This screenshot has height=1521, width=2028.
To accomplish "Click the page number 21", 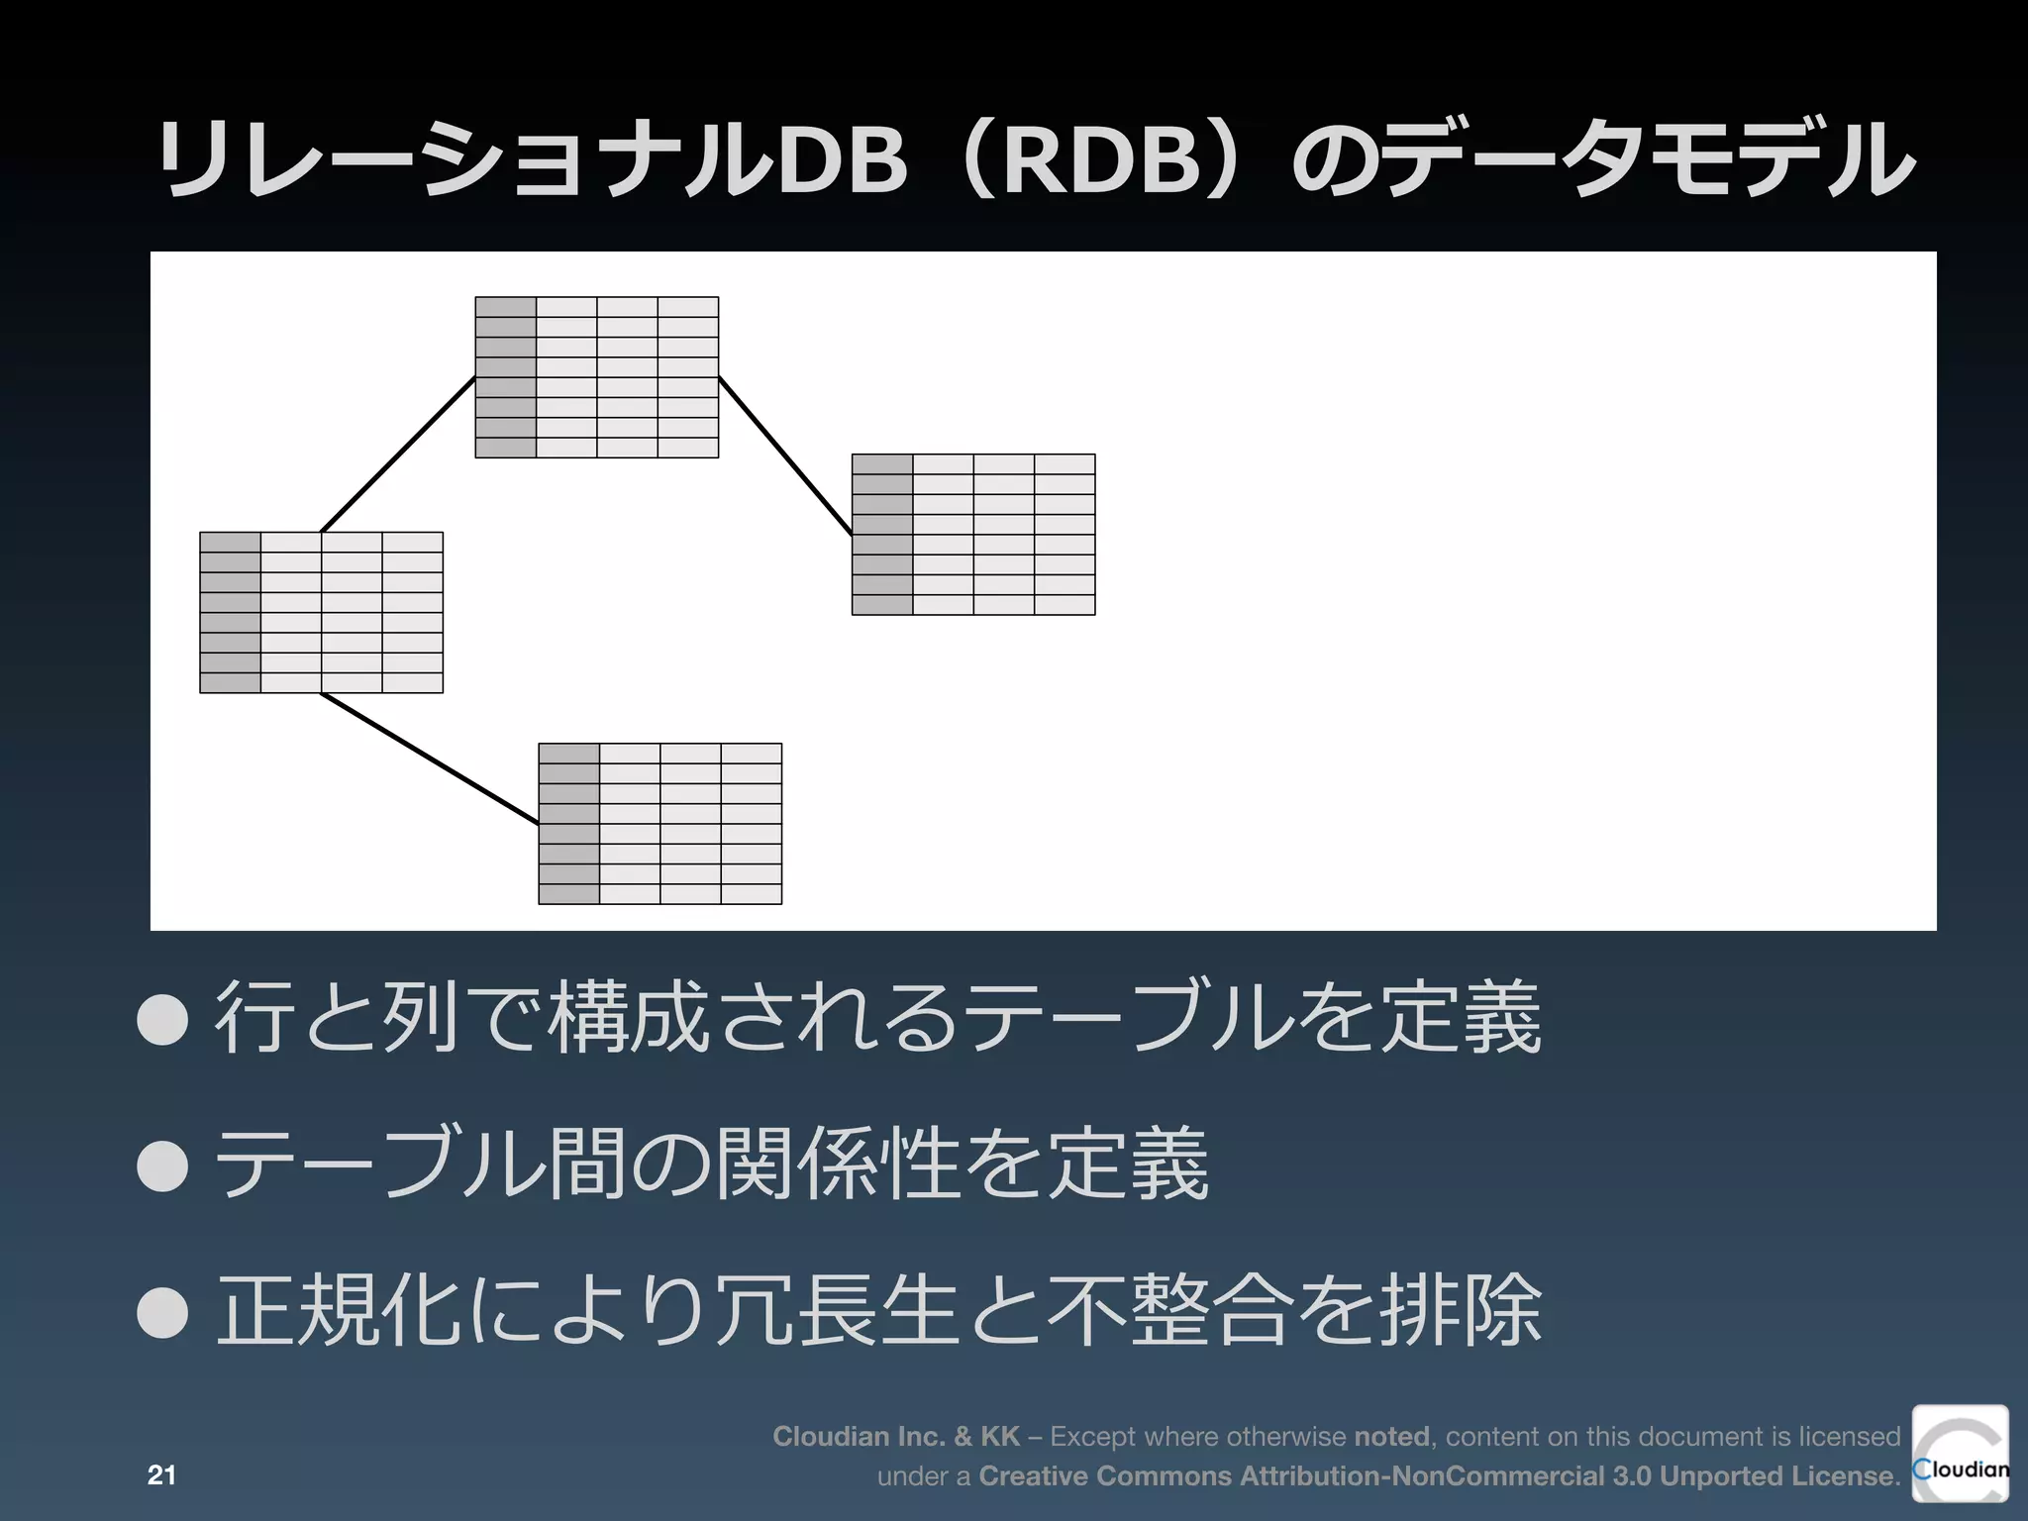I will (x=161, y=1475).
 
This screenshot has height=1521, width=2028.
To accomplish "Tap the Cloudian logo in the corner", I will (x=1960, y=1453).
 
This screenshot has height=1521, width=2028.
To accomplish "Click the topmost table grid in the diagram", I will (x=597, y=377).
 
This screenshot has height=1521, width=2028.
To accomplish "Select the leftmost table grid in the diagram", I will (x=321, y=612).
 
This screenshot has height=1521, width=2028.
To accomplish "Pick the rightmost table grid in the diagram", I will (x=973, y=535).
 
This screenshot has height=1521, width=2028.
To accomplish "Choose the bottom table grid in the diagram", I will (x=660, y=824).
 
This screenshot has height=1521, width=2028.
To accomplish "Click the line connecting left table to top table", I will (x=398, y=455).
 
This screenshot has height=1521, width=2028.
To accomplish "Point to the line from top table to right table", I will (x=785, y=456).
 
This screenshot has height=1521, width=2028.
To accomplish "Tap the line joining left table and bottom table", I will (x=429, y=759).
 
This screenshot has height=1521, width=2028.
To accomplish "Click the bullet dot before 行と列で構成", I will (x=163, y=1019).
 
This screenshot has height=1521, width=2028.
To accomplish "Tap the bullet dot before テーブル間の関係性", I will (x=163, y=1165).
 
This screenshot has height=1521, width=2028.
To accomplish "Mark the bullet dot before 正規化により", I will (x=163, y=1312).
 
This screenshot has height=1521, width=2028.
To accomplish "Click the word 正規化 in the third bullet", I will (x=340, y=1310).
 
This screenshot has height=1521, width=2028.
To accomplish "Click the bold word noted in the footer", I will (x=1391, y=1436).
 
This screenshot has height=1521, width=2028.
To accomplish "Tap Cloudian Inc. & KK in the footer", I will (x=895, y=1436).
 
